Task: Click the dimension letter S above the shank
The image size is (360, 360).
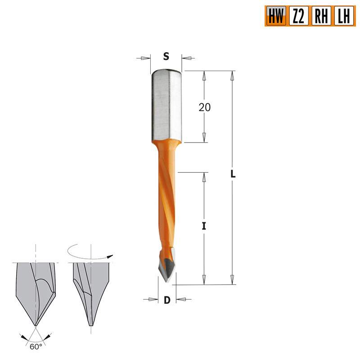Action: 166,57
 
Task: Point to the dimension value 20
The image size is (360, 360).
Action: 205,107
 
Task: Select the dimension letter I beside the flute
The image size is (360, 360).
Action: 204,226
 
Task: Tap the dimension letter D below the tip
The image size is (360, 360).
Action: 166,300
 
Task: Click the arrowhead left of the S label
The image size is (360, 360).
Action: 145,58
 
